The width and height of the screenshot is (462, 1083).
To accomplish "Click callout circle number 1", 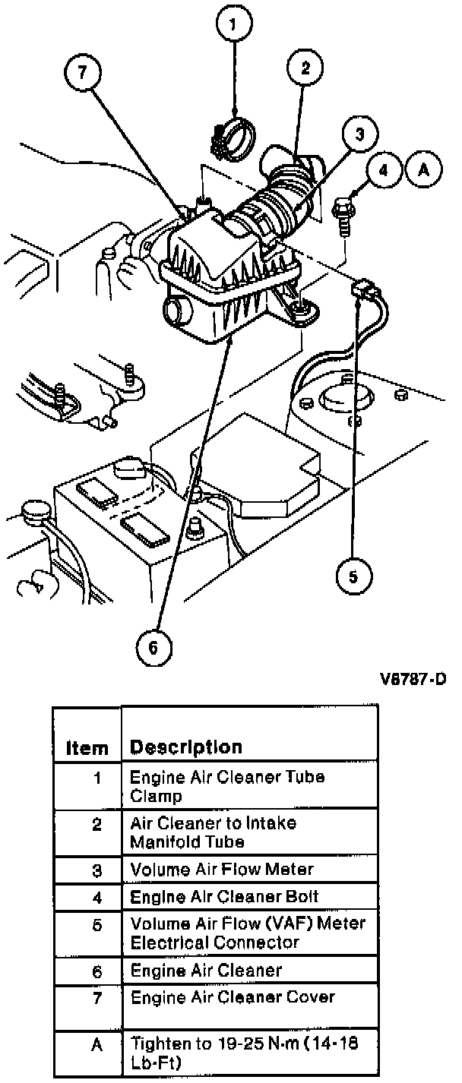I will coord(233,24).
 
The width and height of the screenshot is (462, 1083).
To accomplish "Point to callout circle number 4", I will coord(383,170).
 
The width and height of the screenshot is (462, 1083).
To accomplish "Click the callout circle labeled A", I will coord(423,170).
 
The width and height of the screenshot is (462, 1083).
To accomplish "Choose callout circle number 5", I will coord(353,575).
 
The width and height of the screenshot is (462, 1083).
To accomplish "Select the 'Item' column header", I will coord(87,747).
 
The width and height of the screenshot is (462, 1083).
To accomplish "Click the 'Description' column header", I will coord(185,747).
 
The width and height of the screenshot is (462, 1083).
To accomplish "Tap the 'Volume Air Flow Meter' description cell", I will coord(222,869).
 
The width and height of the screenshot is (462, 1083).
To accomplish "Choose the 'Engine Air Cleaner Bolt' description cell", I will coord(224,896).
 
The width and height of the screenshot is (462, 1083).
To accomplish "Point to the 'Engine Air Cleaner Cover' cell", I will coord(233,996).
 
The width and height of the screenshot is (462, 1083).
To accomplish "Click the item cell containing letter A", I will coord(97,1044).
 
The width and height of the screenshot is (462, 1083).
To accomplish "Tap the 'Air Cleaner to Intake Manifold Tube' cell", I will coord(214,832).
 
